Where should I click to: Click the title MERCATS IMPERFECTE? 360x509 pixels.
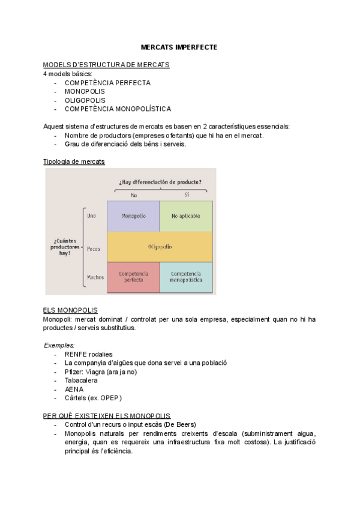[179, 46]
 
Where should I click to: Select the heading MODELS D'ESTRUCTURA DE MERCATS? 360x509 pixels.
[106, 65]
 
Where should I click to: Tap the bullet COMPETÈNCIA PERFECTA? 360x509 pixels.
[107, 83]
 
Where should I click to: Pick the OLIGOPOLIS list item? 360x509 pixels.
[85, 100]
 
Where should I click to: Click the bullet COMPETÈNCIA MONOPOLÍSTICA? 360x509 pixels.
[118, 109]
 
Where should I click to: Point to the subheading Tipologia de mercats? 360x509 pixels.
[74, 162]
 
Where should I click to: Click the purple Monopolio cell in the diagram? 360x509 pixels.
[133, 216]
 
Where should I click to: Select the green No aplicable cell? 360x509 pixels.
[186, 216]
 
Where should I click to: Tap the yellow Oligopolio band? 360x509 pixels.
[160, 247]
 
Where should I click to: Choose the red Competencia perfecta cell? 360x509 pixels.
[133, 277]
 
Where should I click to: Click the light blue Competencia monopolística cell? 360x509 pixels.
[186, 277]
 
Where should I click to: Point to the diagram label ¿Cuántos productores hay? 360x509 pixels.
[65, 247]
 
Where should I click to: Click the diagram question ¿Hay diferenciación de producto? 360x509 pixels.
[160, 182]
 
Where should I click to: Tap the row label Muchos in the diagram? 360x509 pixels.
[95, 277]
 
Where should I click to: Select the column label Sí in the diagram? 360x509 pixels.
[186, 194]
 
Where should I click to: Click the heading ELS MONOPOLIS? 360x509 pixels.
[70, 310]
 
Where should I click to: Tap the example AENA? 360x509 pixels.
[74, 389]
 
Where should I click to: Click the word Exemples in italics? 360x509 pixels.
[59, 345]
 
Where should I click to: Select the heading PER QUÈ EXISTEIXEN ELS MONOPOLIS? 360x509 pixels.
[107, 415]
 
